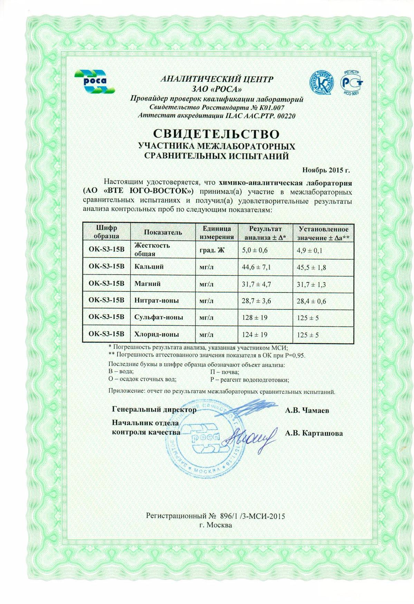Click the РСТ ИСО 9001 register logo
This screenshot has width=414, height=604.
[x=352, y=82]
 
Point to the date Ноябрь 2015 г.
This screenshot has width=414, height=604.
[x=326, y=170]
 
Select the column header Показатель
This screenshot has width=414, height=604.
[x=163, y=232]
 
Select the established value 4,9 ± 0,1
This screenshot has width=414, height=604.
[x=309, y=250]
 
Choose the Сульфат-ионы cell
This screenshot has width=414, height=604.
[x=158, y=317]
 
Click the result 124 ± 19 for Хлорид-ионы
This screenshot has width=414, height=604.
[x=254, y=334]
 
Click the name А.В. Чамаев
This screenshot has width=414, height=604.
[x=307, y=410]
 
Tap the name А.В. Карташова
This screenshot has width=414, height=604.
[x=314, y=433]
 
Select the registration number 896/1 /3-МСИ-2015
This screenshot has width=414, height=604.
[x=251, y=516]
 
